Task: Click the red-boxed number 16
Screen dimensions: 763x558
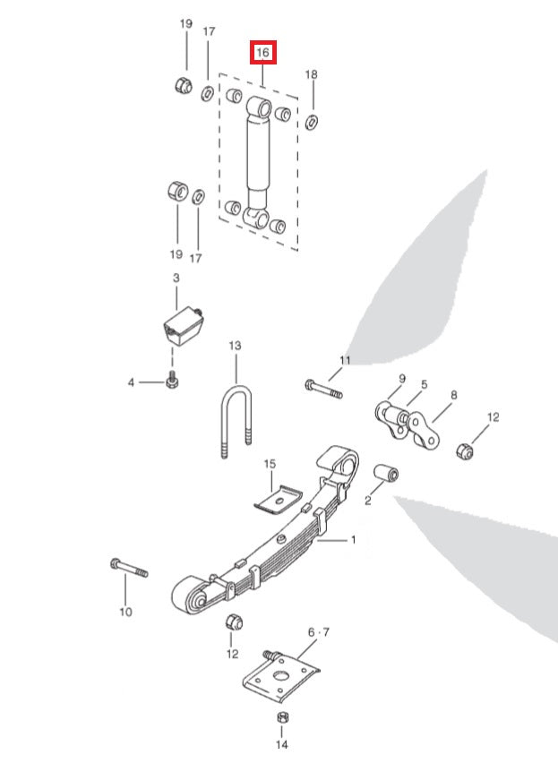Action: pyautogui.click(x=262, y=54)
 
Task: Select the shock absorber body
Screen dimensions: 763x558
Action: pyautogui.click(x=259, y=157)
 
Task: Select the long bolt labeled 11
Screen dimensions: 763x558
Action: pyautogui.click(x=322, y=390)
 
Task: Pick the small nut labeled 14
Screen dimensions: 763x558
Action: pyautogui.click(x=281, y=719)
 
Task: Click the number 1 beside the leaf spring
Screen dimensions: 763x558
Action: pyautogui.click(x=353, y=540)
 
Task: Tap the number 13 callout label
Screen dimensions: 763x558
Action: pyautogui.click(x=235, y=345)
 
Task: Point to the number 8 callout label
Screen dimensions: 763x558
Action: pyautogui.click(x=454, y=395)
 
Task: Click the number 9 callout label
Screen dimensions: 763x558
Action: pyautogui.click(x=402, y=378)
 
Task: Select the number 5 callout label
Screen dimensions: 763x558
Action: pyautogui.click(x=425, y=384)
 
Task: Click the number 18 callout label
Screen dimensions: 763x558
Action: pyautogui.click(x=311, y=74)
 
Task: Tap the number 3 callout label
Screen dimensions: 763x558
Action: pyautogui.click(x=176, y=279)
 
